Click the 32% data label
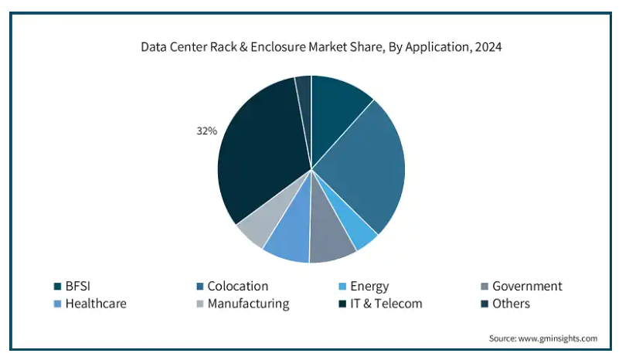[206, 131]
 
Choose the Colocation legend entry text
[237, 287]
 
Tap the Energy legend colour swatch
[342, 287]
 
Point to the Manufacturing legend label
[248, 304]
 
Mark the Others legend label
[511, 304]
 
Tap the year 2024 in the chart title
[488, 47]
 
